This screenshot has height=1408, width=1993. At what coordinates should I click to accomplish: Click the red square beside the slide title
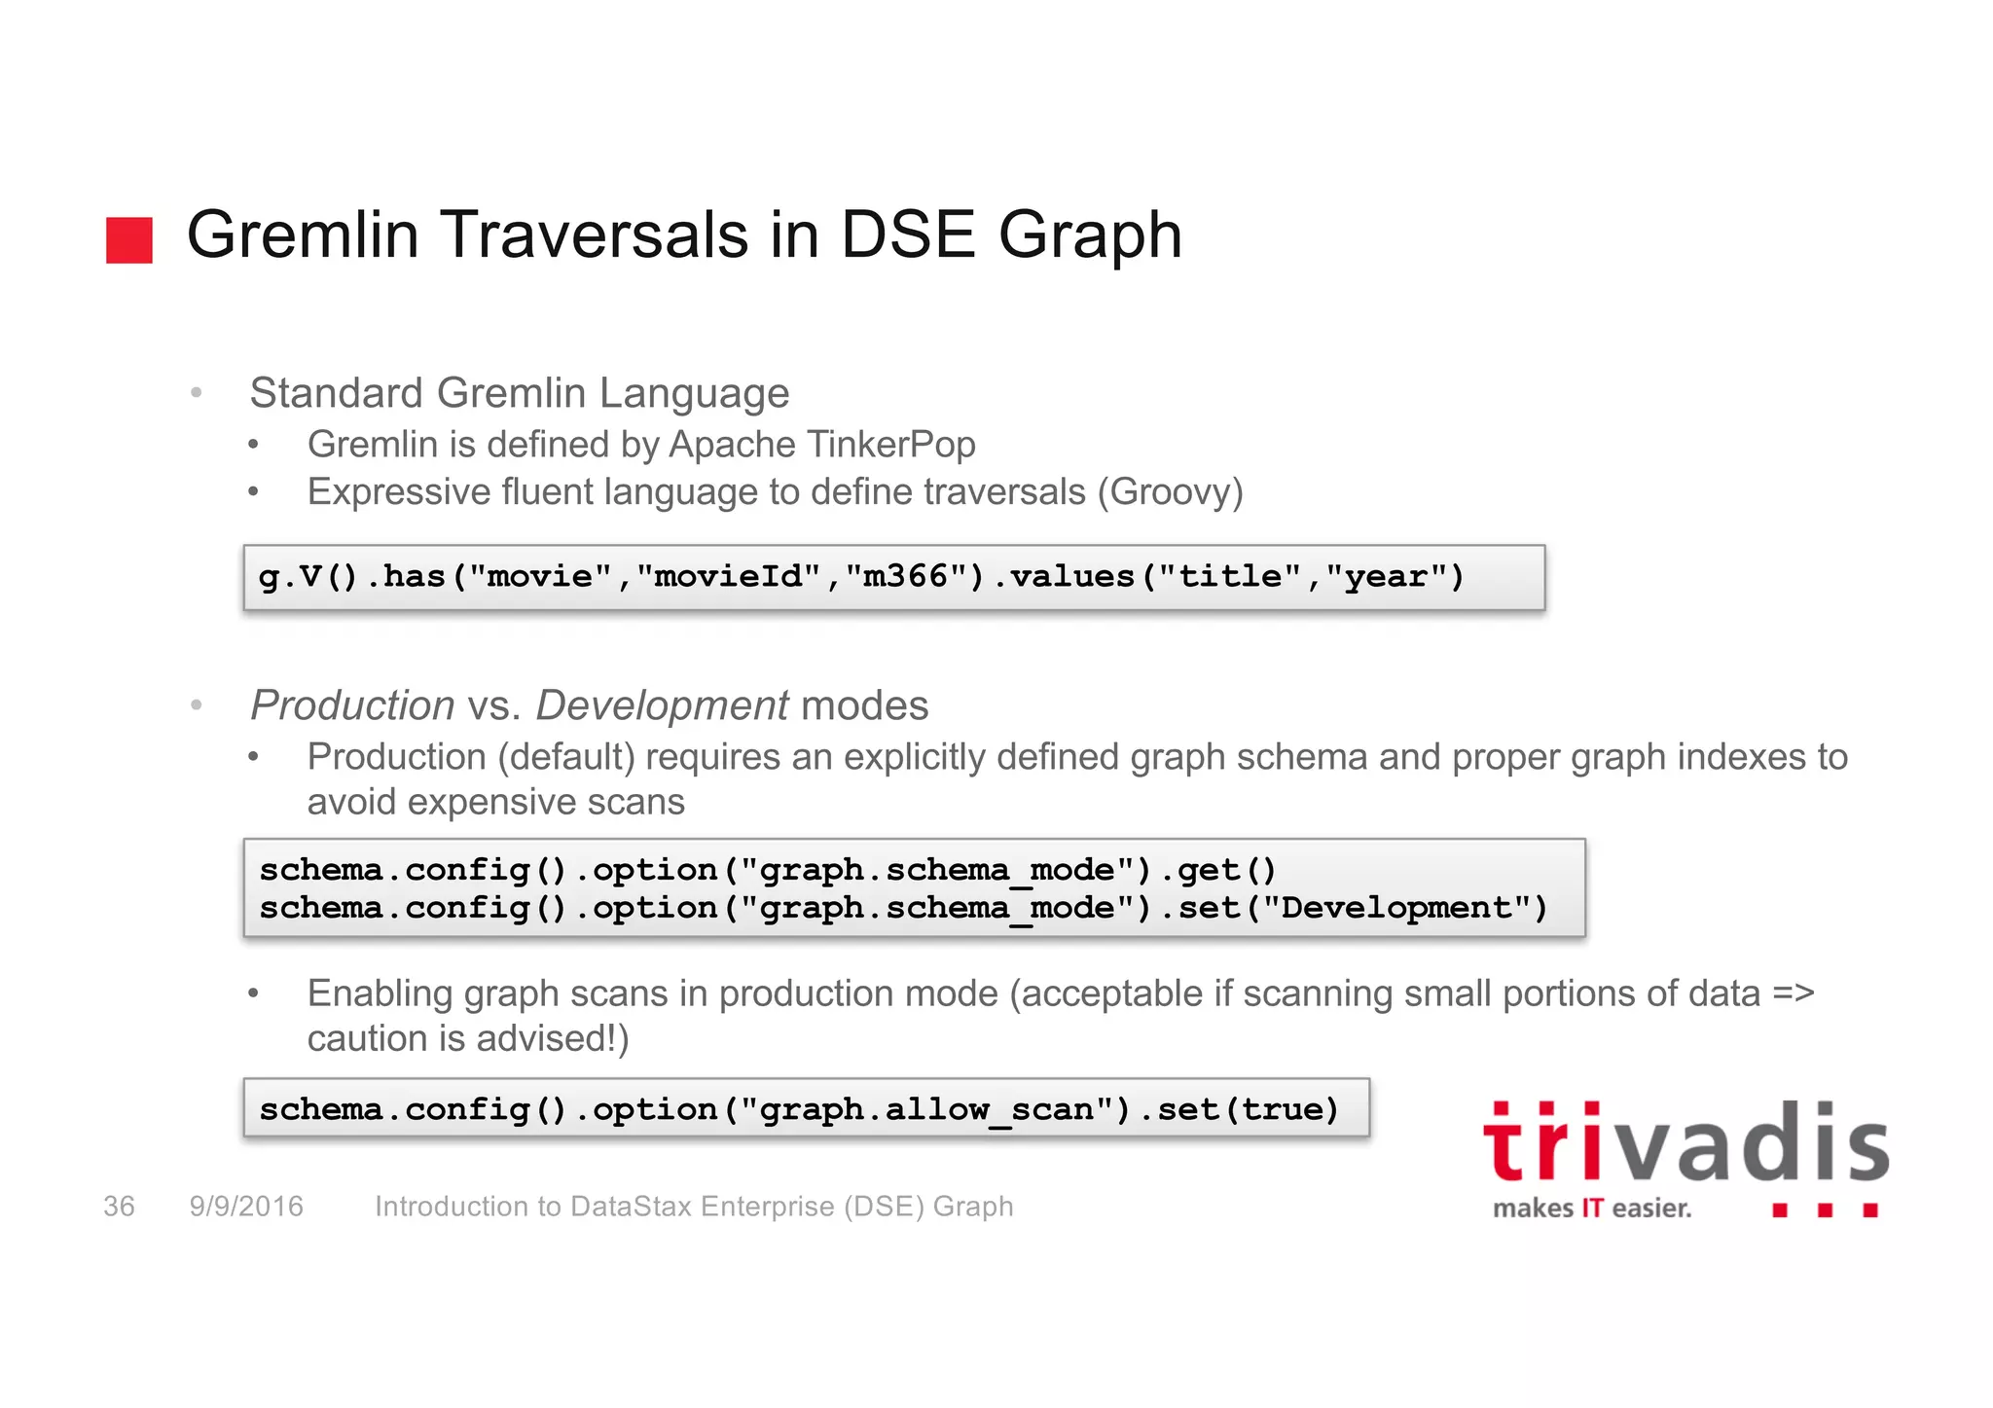click(x=129, y=240)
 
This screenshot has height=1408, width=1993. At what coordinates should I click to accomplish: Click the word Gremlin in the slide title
click(x=302, y=235)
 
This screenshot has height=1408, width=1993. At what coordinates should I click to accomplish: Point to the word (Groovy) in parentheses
click(x=1171, y=492)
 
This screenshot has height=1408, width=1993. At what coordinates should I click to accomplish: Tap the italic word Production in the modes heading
click(x=352, y=705)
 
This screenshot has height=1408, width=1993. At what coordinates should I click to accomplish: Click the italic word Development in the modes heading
click(x=662, y=705)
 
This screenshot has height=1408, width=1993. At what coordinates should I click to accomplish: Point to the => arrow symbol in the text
click(x=1793, y=993)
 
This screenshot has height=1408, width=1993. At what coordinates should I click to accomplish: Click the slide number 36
click(x=119, y=1207)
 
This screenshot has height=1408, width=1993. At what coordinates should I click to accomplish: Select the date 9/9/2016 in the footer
click(x=246, y=1207)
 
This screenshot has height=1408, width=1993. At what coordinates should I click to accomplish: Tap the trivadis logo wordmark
click(x=1685, y=1144)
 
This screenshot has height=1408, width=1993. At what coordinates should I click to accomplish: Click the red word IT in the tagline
click(x=1592, y=1209)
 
